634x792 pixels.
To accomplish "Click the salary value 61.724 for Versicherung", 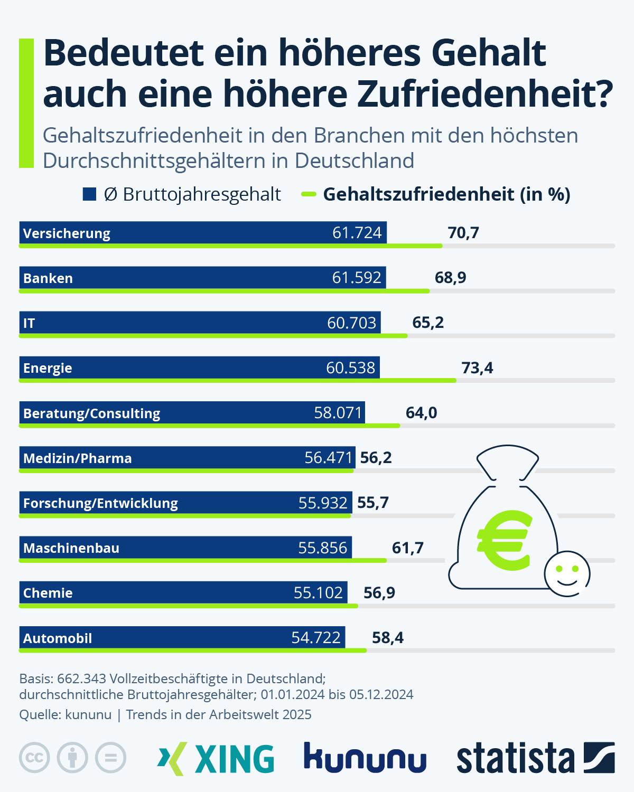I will pos(357,233).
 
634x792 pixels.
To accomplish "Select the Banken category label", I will pos(48,278).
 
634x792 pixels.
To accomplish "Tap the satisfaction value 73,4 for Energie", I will pos(477,367).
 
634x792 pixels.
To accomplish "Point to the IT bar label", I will pos(29,323).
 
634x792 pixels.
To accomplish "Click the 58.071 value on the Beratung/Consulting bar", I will pos(338,412).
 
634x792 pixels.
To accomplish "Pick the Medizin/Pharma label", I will pos(77,458).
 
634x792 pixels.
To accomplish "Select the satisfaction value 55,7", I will pos(373,503).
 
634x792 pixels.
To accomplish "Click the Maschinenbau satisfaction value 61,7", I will pos(407,548).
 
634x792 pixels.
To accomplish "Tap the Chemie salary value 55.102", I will pos(318,592).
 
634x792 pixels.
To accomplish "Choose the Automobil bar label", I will pos(58,638).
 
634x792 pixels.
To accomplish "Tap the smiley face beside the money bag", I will pos(567,574).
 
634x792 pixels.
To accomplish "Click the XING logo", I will pos(216,759).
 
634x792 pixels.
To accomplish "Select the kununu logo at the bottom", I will pos(365,758).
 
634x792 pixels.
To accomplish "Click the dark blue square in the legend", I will pos(89,194).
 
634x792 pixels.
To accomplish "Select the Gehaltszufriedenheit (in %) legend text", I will pos(446,194).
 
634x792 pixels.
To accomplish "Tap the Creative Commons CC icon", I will pos(34,758).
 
